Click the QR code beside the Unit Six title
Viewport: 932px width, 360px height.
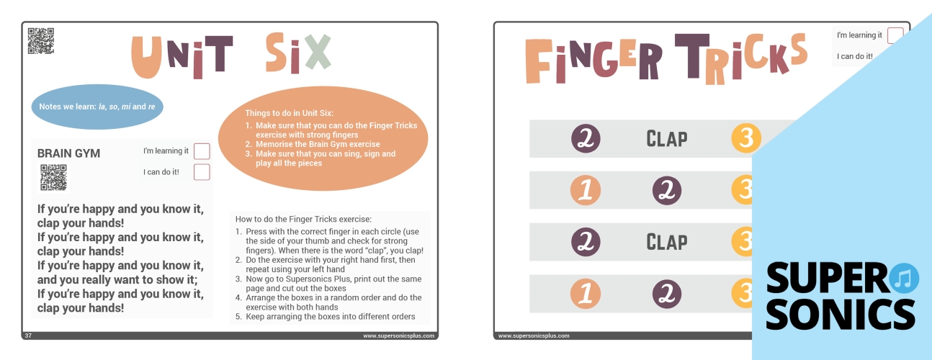point(41,41)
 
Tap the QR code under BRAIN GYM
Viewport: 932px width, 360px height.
point(54,178)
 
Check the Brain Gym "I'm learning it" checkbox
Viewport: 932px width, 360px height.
point(202,151)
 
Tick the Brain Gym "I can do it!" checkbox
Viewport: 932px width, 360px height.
point(202,172)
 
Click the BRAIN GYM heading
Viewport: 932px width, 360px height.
point(68,153)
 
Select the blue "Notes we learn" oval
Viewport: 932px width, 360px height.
point(97,107)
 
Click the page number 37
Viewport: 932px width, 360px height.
point(28,336)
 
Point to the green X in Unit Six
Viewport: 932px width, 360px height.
point(318,52)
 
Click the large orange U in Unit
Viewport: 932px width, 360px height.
point(146,57)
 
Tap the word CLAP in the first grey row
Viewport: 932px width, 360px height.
point(666,139)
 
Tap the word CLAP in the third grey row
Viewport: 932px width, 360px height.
point(666,242)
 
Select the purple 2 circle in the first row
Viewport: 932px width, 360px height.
point(586,138)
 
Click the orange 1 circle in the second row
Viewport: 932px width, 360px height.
point(586,190)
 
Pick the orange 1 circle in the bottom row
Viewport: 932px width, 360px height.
point(586,294)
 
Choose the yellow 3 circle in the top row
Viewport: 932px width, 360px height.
point(746,138)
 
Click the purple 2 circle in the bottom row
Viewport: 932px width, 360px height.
point(667,294)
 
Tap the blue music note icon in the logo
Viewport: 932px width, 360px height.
point(904,278)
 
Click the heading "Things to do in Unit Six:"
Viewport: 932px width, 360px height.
point(289,113)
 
